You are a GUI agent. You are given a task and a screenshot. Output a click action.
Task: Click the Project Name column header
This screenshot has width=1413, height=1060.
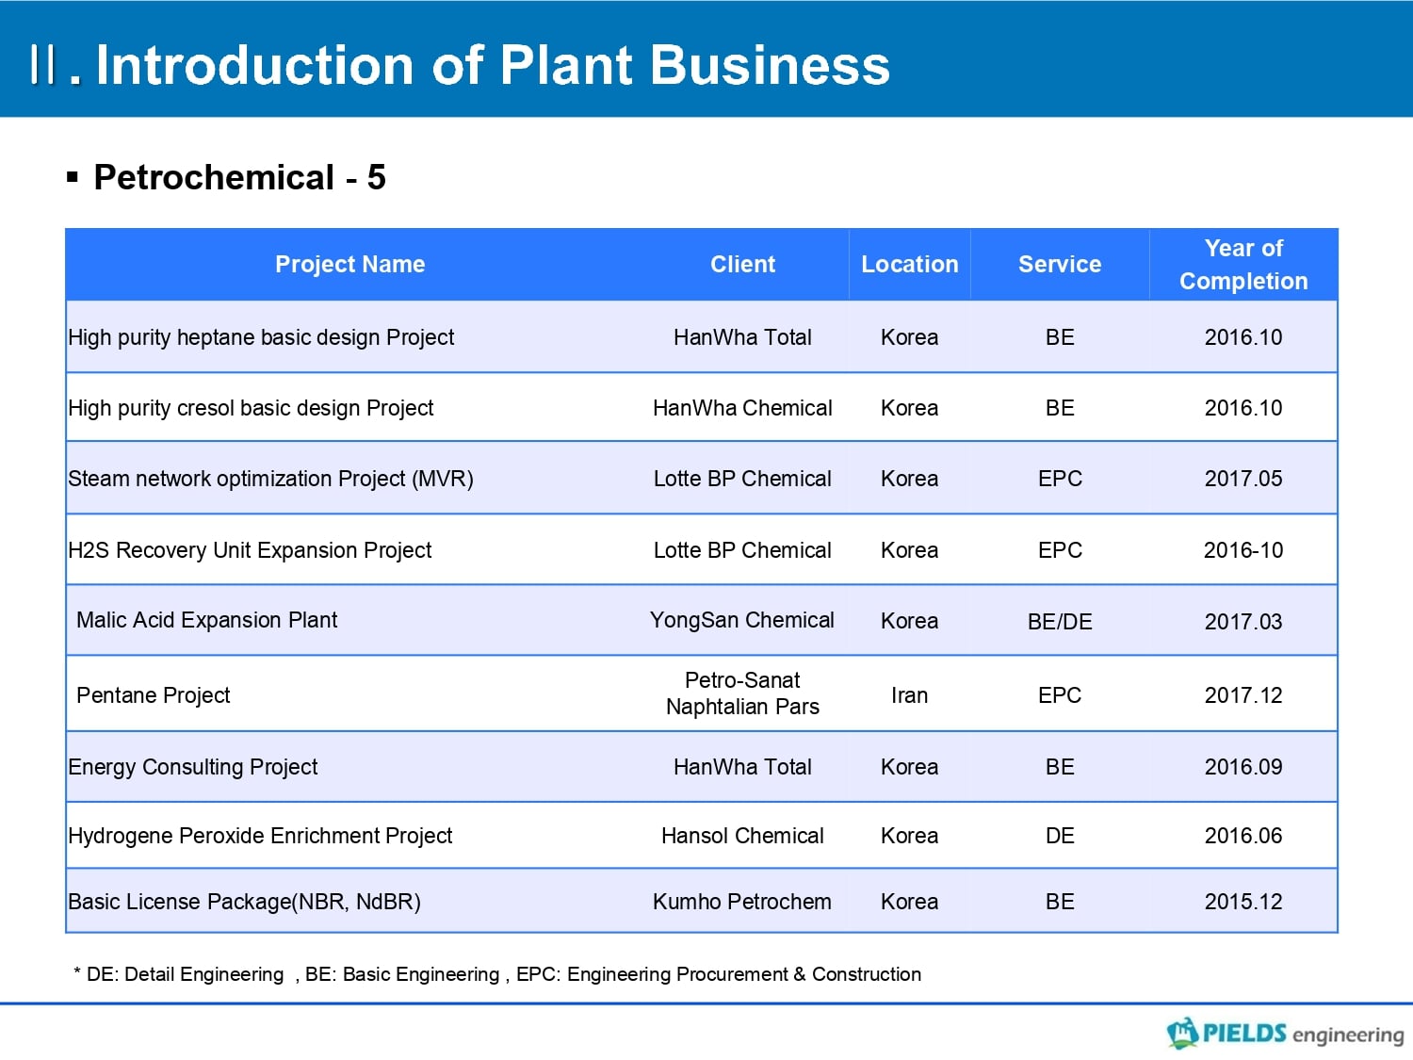point(349,264)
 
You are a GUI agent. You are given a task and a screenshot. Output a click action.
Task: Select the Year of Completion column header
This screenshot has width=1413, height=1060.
point(1243,265)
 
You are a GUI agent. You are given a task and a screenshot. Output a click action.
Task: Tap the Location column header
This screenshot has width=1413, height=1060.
point(909,264)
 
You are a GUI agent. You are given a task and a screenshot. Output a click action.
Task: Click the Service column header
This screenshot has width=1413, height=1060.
point(1060,264)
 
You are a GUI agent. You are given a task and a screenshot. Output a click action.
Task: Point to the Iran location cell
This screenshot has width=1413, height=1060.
point(909,695)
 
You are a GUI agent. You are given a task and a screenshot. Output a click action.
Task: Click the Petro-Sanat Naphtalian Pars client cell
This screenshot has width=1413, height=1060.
point(742,693)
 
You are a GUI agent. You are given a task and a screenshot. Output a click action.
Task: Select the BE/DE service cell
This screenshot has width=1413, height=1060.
point(1060,621)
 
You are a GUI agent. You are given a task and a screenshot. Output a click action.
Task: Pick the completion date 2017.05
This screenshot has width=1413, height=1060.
point(1243,479)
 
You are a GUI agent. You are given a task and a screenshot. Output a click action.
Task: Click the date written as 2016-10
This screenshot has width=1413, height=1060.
point(1243,549)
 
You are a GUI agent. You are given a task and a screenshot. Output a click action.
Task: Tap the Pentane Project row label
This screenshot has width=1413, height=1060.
point(153,695)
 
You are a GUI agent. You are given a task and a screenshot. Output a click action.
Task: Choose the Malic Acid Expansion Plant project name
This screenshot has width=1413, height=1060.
point(206,620)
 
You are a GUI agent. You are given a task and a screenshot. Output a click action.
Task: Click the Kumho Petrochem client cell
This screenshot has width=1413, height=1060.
point(741,901)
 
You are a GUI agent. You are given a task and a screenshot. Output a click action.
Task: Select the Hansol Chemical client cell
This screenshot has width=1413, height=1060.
point(742,836)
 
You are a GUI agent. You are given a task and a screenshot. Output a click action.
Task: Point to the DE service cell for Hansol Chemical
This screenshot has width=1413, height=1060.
point(1060,836)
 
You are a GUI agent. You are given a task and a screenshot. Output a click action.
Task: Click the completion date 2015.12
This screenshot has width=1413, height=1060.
point(1243,901)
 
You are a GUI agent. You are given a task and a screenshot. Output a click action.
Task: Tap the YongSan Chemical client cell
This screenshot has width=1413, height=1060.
point(741,620)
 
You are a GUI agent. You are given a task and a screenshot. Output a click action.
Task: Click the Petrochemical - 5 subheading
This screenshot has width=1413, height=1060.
point(239,177)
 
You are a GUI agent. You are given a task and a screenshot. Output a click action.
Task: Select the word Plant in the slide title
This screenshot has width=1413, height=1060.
point(566,65)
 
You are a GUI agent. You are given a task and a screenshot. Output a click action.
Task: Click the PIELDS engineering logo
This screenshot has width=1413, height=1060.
point(1285,1033)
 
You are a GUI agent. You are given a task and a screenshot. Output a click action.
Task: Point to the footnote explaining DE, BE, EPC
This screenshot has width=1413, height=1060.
point(497,973)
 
